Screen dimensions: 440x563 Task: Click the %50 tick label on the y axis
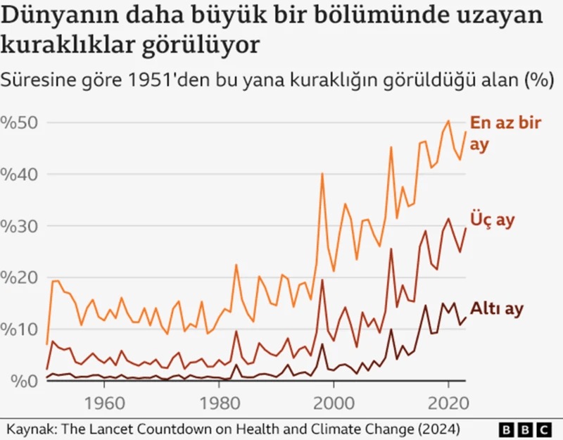[x=23, y=122]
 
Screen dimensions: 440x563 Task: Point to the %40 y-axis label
[x=23, y=174]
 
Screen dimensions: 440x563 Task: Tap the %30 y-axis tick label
[x=23, y=226]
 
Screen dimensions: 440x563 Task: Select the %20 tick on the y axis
[x=23, y=277]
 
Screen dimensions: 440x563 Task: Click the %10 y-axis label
[x=23, y=329]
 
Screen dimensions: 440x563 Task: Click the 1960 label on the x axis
[x=104, y=406]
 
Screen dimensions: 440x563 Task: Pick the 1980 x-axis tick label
[x=219, y=406]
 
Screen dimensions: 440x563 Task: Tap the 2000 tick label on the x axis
[x=334, y=406]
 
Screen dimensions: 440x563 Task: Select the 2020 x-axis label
[x=448, y=406]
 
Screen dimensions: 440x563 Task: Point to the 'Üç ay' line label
[x=493, y=220]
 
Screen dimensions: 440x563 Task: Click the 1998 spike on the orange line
[x=322, y=173]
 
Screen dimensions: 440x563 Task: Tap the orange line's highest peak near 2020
[x=448, y=121]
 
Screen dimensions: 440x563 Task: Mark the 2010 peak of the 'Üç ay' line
[x=391, y=249]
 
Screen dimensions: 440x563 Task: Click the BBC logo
[x=526, y=429]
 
